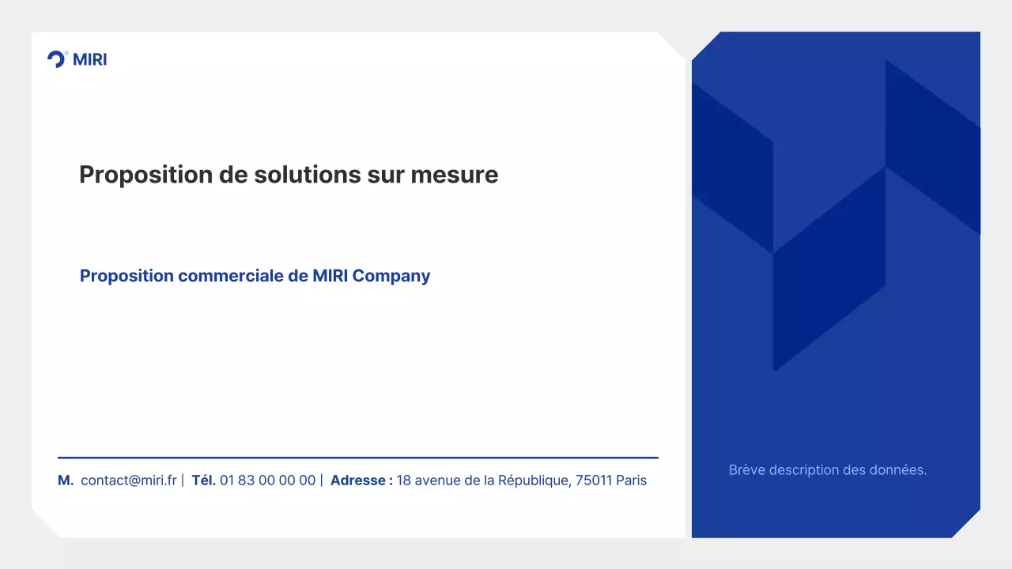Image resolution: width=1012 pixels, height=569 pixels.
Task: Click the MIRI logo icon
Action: coord(57,59)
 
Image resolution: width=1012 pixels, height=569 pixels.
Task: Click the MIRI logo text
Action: coord(89,59)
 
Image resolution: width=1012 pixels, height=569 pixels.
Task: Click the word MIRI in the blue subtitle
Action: coord(330,276)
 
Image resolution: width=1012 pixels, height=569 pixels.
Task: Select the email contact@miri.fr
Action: coord(129,480)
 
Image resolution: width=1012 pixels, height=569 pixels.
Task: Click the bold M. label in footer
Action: coord(66,480)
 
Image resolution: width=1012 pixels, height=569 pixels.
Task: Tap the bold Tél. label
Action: coord(204,480)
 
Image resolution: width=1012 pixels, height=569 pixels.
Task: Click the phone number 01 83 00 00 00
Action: coord(267,480)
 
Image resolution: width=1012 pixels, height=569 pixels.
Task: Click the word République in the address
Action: coord(534,480)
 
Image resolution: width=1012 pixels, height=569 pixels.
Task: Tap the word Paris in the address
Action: coord(632,480)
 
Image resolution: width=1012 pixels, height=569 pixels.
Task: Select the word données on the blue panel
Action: coord(900,470)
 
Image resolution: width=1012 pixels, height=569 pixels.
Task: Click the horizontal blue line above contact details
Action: coord(357,458)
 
